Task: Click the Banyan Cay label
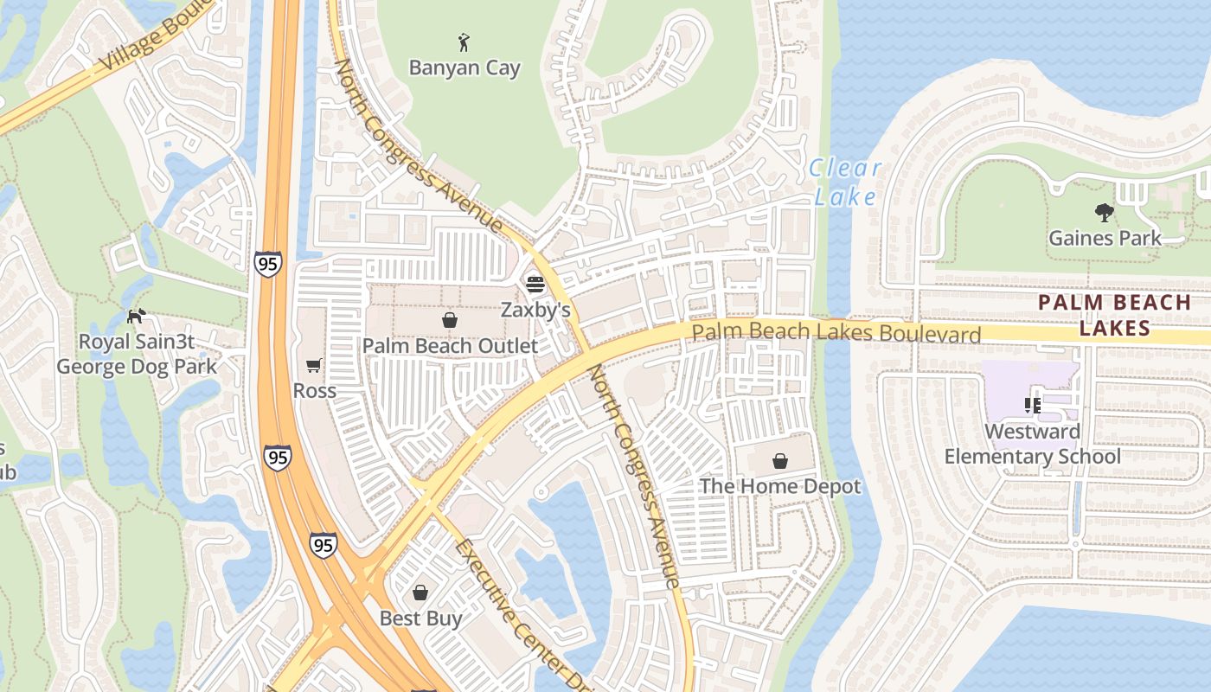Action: [x=465, y=68]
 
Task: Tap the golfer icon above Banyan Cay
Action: [x=464, y=41]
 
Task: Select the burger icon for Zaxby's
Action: [x=535, y=284]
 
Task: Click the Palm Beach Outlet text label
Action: [x=450, y=346]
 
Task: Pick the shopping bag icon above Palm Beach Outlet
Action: [x=450, y=321]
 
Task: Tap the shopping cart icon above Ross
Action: [x=313, y=366]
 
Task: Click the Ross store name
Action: [x=314, y=391]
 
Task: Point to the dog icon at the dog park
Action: [x=136, y=317]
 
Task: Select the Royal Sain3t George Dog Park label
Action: [x=137, y=354]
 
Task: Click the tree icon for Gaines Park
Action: [x=1104, y=212]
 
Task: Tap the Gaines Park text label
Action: [x=1105, y=238]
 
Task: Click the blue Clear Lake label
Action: [x=845, y=183]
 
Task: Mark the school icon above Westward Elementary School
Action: [x=1032, y=405]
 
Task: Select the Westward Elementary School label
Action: [x=1032, y=444]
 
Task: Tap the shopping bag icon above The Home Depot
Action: [x=780, y=461]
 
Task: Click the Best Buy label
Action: [x=420, y=618]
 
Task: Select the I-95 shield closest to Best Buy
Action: [x=323, y=544]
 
